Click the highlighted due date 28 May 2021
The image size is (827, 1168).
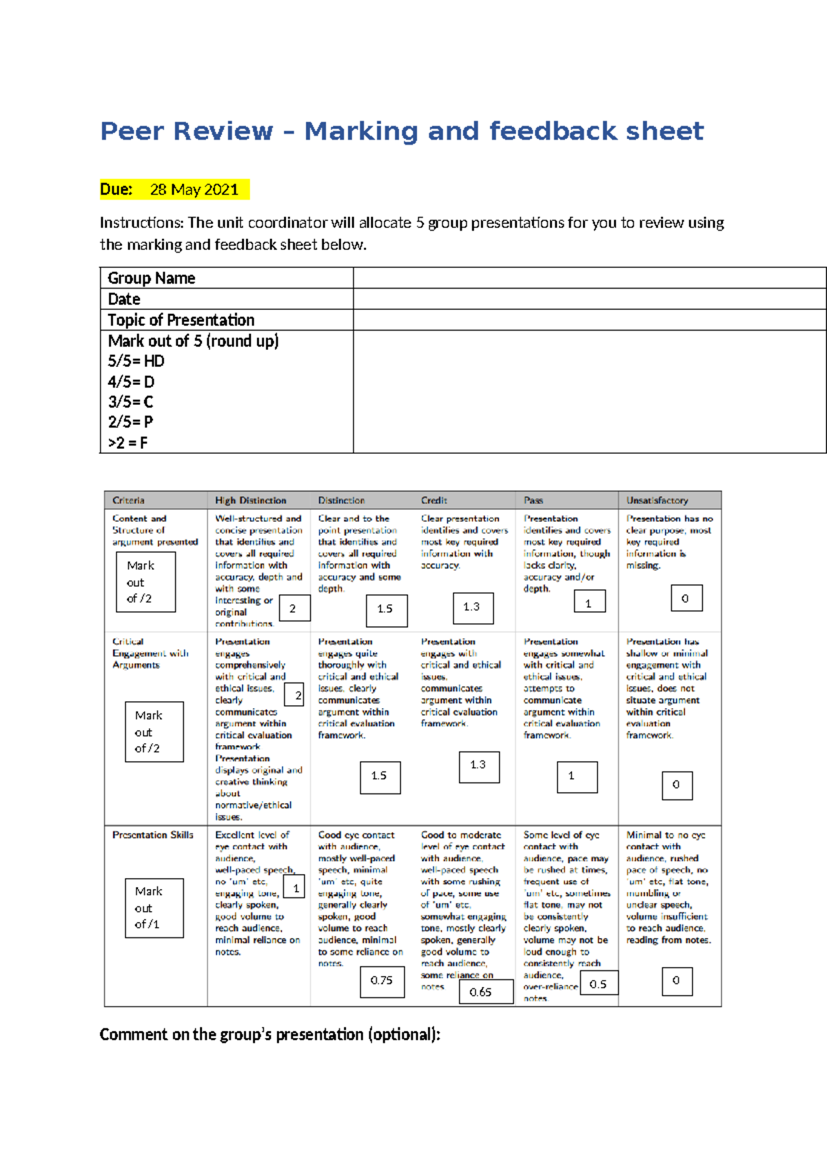(194, 189)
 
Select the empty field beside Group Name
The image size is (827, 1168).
(589, 278)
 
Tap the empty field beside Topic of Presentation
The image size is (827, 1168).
(589, 320)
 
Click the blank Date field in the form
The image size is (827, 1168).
(589, 299)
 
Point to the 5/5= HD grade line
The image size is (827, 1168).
(136, 361)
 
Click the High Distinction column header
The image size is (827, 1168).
(250, 500)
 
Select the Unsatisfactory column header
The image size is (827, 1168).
(657, 500)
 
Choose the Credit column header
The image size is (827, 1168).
(434, 500)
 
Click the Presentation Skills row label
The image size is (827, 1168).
(153, 835)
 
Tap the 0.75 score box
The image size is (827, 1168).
(382, 981)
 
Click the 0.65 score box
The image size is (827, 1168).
(480, 992)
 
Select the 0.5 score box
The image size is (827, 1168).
(598, 984)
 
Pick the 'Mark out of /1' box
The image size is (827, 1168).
(154, 908)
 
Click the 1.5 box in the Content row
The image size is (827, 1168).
(386, 609)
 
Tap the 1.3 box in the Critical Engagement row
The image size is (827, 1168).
(478, 766)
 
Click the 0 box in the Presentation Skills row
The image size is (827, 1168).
(676, 981)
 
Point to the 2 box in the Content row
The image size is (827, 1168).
(294, 609)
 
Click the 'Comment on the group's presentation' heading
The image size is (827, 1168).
(269, 1034)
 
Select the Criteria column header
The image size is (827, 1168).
(129, 500)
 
